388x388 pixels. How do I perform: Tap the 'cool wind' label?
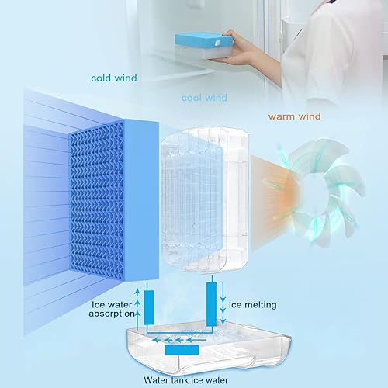(x=203, y=99)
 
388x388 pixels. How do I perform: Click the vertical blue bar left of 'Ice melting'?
(x=211, y=303)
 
